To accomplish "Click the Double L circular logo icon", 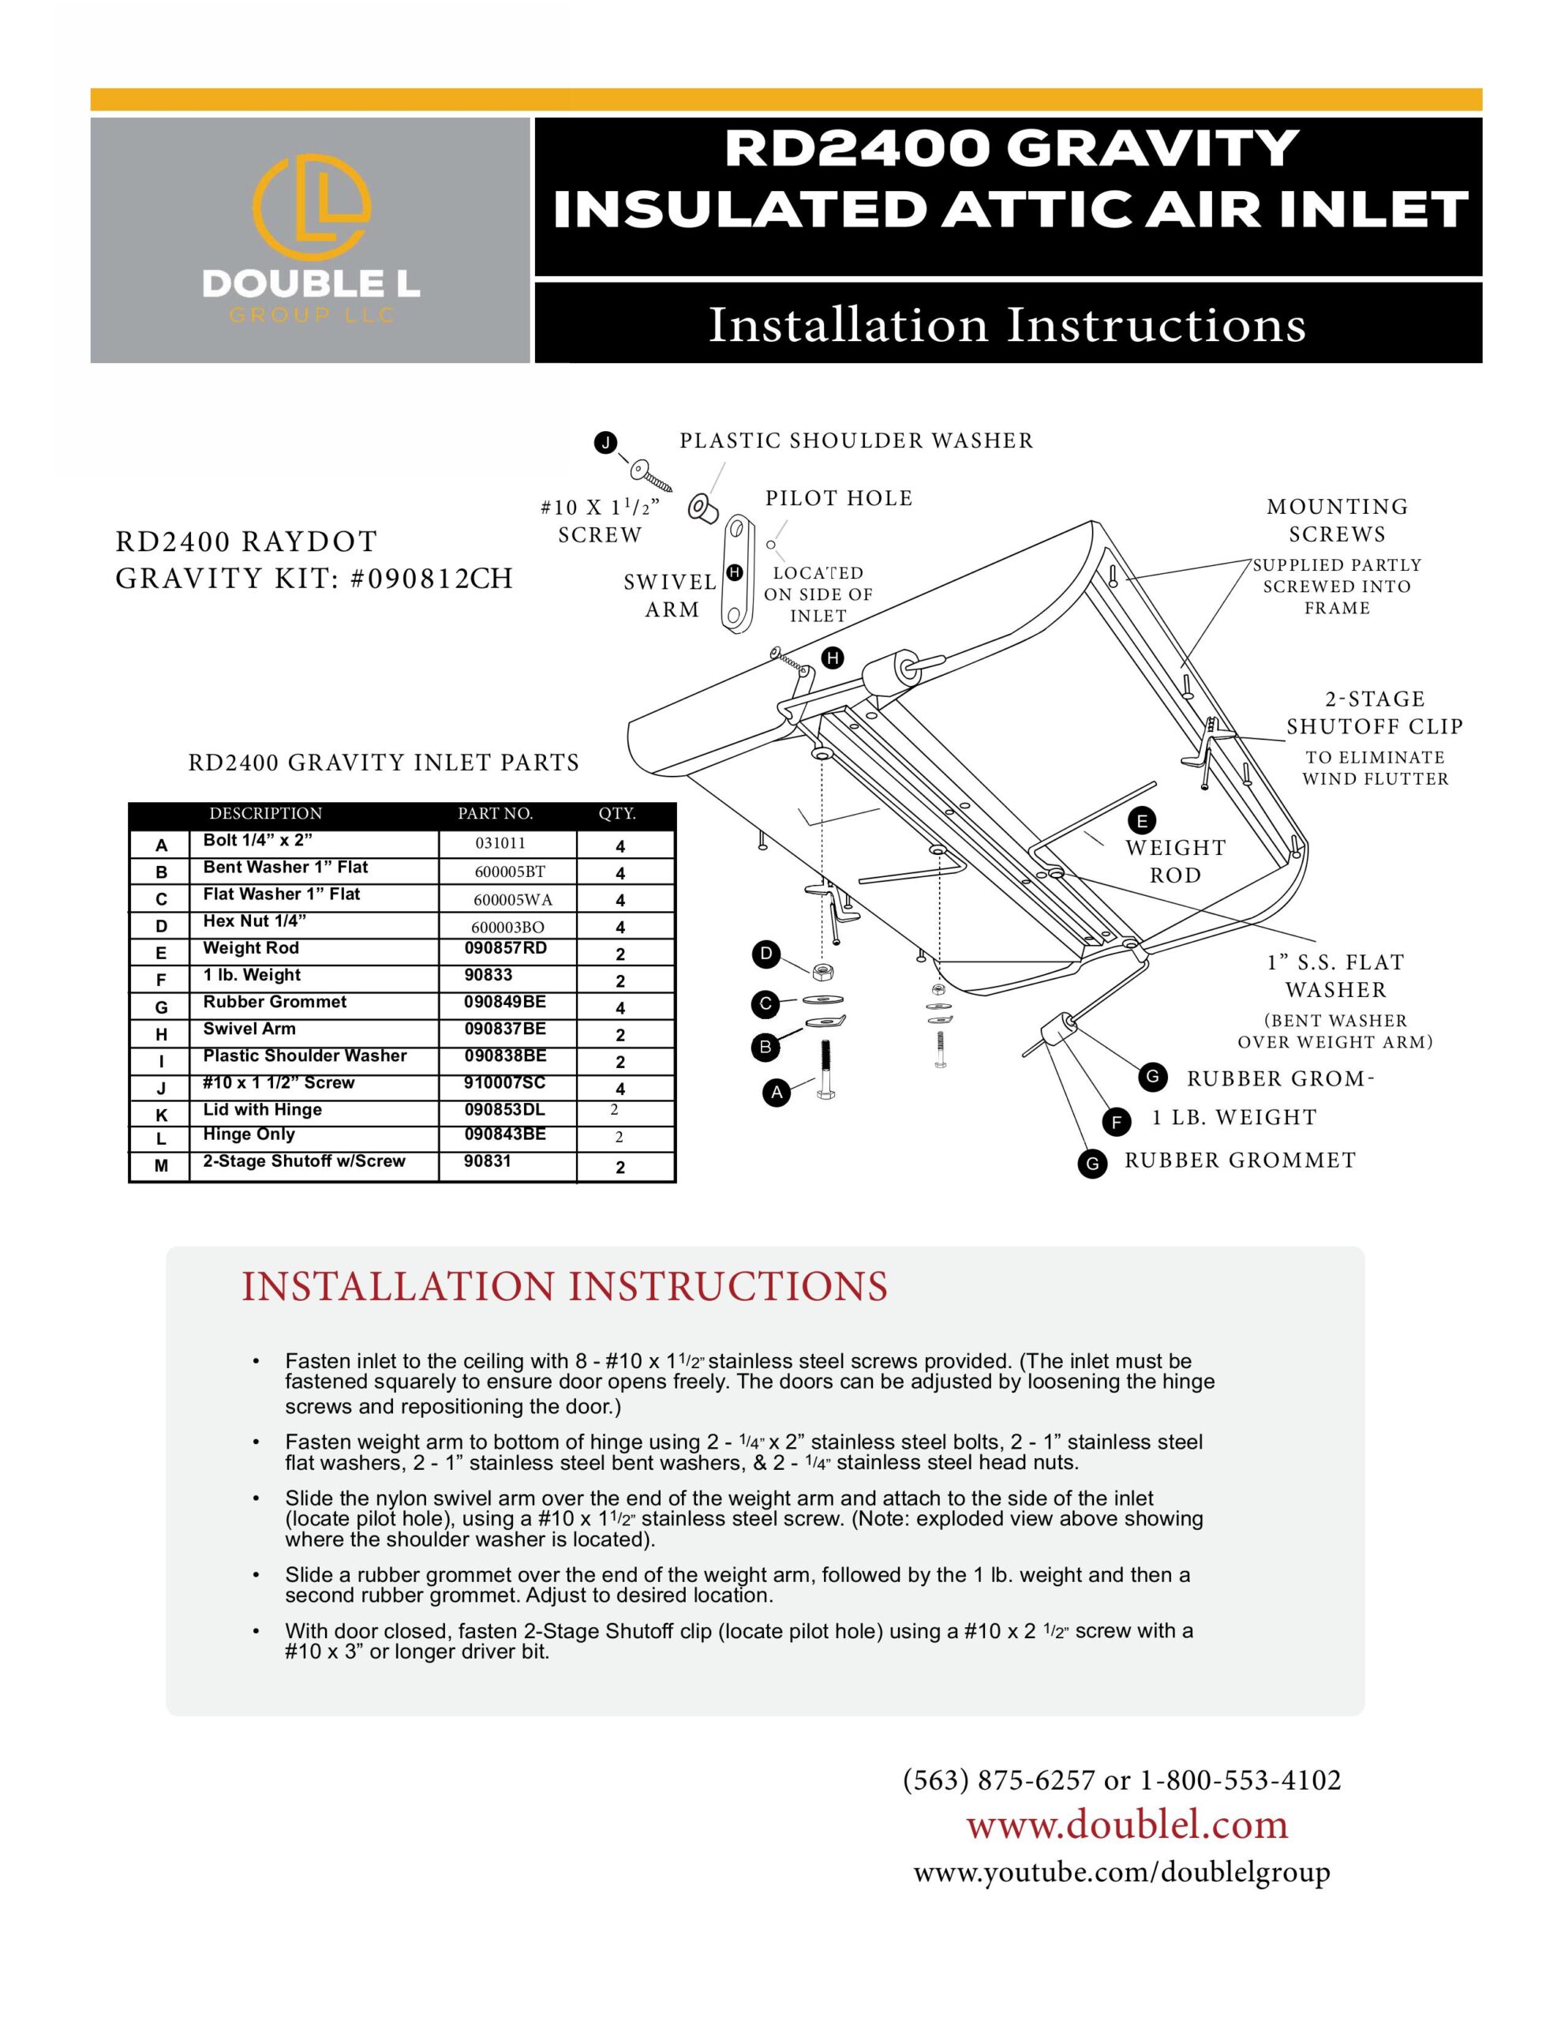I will click(x=312, y=209).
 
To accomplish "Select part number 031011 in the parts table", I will click(x=500, y=843).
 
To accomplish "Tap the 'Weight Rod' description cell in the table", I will click(x=251, y=947).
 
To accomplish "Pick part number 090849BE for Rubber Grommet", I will click(x=504, y=1001).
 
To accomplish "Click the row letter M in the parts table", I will click(x=161, y=1166).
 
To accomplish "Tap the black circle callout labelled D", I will click(x=766, y=954).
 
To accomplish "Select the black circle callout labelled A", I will click(x=777, y=1093).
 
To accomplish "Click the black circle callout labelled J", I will click(x=606, y=442).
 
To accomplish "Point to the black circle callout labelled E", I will click(x=1142, y=821).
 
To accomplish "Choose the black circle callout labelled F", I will click(x=1117, y=1123).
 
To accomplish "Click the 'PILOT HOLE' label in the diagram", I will click(x=838, y=499).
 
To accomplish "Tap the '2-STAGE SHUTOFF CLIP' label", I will click(x=1374, y=713).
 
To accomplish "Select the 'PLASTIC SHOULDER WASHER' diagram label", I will click(x=856, y=441).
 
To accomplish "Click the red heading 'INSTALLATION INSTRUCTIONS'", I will click(x=564, y=1287).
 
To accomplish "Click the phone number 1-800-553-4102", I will click(x=1240, y=1779).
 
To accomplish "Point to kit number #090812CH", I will click(x=432, y=579).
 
